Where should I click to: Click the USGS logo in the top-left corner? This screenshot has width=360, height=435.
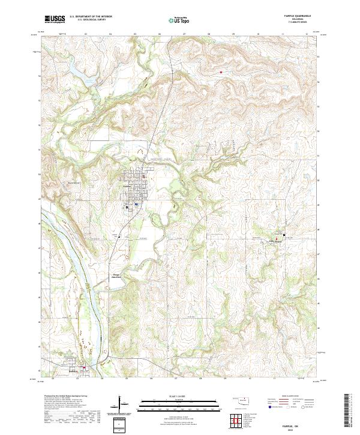click(x=55, y=19)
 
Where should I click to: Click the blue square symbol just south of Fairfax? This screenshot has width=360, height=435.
click(x=137, y=204)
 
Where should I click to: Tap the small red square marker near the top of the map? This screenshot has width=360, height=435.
click(x=221, y=73)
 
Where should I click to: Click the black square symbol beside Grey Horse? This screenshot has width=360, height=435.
click(x=284, y=235)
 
